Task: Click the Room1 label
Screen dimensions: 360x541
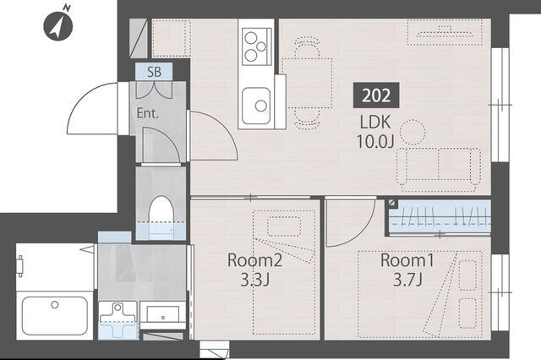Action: (402, 261)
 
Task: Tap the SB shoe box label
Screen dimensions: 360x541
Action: (154, 72)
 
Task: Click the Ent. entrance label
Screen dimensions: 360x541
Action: (149, 112)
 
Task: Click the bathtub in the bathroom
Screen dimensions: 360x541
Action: (55, 314)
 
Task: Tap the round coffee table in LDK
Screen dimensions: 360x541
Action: (413, 132)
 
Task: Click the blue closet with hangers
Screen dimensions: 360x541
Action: (439, 218)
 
